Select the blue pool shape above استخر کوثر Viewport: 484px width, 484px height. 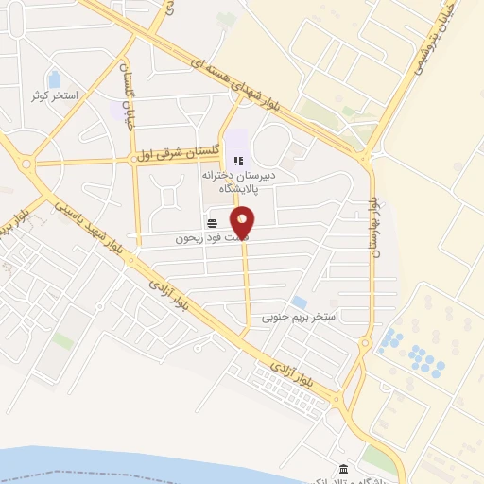(x=54, y=79)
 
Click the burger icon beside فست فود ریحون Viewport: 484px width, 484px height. (x=212, y=223)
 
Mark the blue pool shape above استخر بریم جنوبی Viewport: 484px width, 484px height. (x=299, y=302)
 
